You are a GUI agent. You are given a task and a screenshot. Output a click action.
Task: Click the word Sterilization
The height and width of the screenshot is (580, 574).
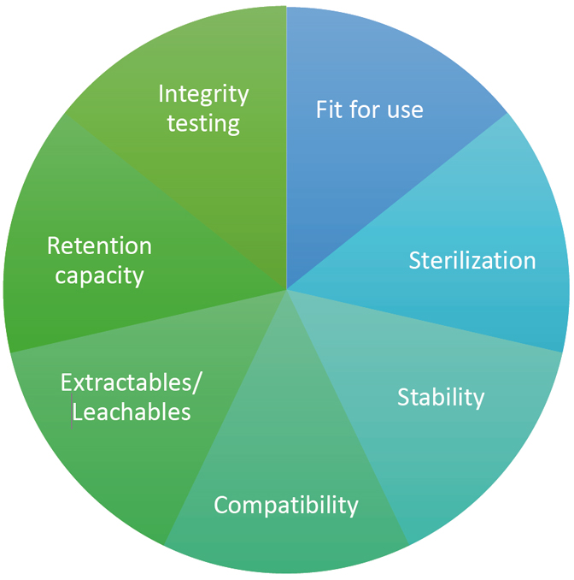point(471,260)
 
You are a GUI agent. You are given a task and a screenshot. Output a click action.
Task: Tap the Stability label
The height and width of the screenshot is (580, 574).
point(441,397)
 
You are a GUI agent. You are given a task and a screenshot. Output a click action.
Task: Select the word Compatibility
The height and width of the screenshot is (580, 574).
point(286,505)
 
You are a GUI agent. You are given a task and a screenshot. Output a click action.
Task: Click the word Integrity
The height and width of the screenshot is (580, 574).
point(203,93)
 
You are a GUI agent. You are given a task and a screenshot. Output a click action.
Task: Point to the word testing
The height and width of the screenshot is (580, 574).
point(203,123)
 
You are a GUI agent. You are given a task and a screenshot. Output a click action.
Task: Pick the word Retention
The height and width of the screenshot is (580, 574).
point(99,246)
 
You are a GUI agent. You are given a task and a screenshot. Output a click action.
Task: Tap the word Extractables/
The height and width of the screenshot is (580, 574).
point(132,382)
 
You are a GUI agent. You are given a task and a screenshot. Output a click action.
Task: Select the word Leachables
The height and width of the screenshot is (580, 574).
point(132,412)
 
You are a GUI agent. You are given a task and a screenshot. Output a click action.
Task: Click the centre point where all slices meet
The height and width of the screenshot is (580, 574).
point(286,289)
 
